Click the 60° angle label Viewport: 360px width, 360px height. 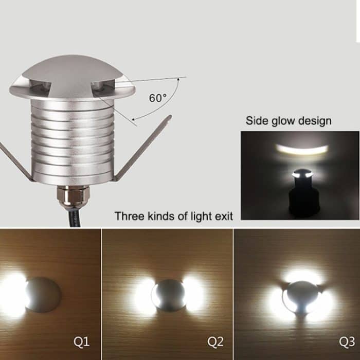coord(158,98)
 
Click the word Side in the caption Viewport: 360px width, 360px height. coord(256,121)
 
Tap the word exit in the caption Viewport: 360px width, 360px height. coord(223,216)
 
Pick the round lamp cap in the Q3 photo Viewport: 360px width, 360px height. coord(302,297)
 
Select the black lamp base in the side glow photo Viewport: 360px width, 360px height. coord(303,198)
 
